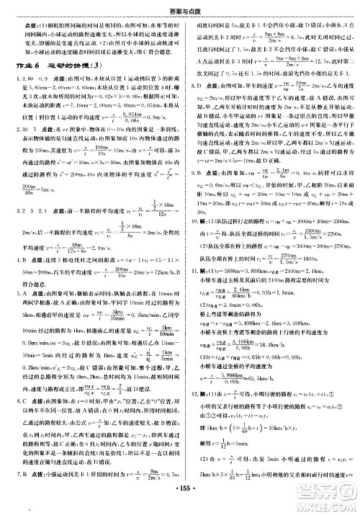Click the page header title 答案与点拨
180,6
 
